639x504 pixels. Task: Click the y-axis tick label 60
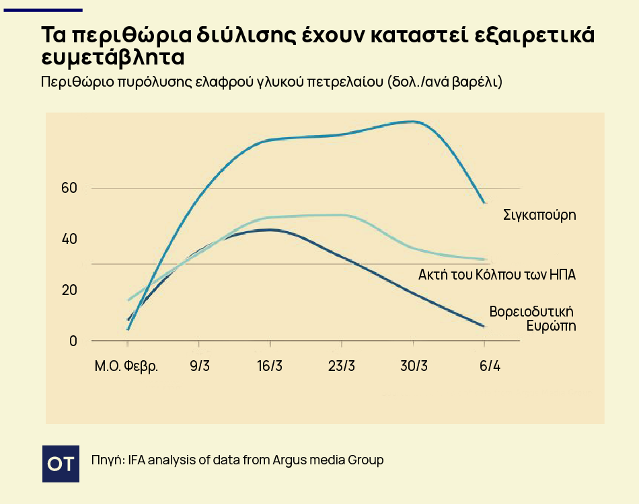[x=69, y=188]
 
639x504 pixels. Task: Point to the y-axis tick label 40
[x=69, y=239]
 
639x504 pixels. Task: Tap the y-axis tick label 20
[x=69, y=290]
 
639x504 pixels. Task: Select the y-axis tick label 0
[x=73, y=341]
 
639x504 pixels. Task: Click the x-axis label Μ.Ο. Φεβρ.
[x=126, y=366]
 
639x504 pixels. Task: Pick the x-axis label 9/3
[x=200, y=366]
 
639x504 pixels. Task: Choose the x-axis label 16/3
[x=270, y=366]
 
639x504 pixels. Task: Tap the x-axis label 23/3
[x=342, y=366]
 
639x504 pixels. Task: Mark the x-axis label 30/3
[x=414, y=366]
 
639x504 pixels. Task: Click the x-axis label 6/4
[x=490, y=366]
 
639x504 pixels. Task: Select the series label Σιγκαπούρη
[x=539, y=215]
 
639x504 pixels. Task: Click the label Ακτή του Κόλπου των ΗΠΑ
[x=497, y=275]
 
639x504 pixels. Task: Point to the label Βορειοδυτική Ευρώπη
[x=533, y=319]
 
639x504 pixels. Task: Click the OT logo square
[x=61, y=464]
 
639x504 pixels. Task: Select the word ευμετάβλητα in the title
[x=113, y=57]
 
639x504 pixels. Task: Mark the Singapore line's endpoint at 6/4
[x=484, y=202]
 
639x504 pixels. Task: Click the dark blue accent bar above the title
[x=43, y=10]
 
